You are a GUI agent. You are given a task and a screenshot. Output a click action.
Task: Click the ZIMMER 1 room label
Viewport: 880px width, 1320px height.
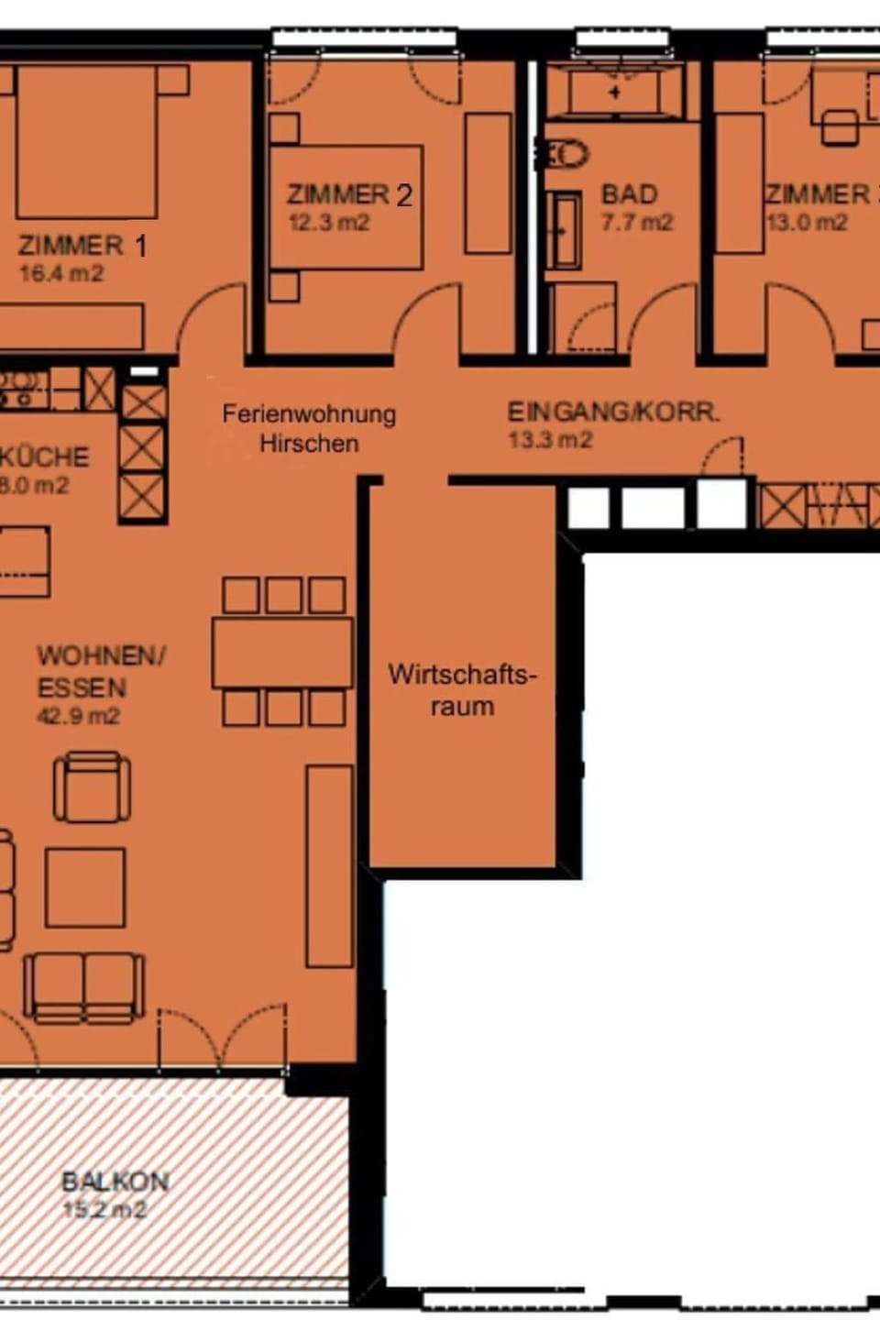click(x=82, y=246)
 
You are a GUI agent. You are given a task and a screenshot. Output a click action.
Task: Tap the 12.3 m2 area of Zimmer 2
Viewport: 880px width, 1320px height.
click(x=329, y=223)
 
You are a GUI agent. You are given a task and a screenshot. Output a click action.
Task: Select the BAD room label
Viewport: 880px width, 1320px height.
click(x=629, y=194)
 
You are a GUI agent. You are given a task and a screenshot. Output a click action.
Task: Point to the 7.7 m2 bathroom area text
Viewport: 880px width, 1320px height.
click(x=637, y=223)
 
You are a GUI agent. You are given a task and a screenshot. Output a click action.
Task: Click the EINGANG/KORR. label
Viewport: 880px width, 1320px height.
click(x=613, y=412)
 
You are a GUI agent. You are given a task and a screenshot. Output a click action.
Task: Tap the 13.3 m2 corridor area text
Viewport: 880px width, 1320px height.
click(x=551, y=440)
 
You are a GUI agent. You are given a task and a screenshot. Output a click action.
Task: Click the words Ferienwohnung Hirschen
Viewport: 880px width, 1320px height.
click(x=308, y=428)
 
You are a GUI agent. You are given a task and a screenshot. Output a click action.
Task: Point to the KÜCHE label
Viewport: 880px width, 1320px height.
click(x=44, y=456)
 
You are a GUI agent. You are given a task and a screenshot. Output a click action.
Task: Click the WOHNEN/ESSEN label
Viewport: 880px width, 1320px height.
click(x=99, y=671)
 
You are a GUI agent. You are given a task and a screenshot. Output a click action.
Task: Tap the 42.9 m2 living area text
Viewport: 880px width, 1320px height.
click(x=78, y=716)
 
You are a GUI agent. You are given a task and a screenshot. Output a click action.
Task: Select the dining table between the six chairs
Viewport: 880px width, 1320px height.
click(x=282, y=653)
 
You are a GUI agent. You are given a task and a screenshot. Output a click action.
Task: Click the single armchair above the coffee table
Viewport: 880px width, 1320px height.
click(x=92, y=786)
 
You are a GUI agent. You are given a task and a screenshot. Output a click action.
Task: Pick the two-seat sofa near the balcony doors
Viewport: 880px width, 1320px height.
click(x=84, y=986)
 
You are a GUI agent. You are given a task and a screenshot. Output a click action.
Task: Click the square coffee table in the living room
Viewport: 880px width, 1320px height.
click(x=85, y=887)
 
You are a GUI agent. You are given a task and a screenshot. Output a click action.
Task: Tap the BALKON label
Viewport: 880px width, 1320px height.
click(x=115, y=1181)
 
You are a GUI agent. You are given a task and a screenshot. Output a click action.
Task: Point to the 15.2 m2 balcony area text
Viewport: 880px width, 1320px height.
click(x=104, y=1209)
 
